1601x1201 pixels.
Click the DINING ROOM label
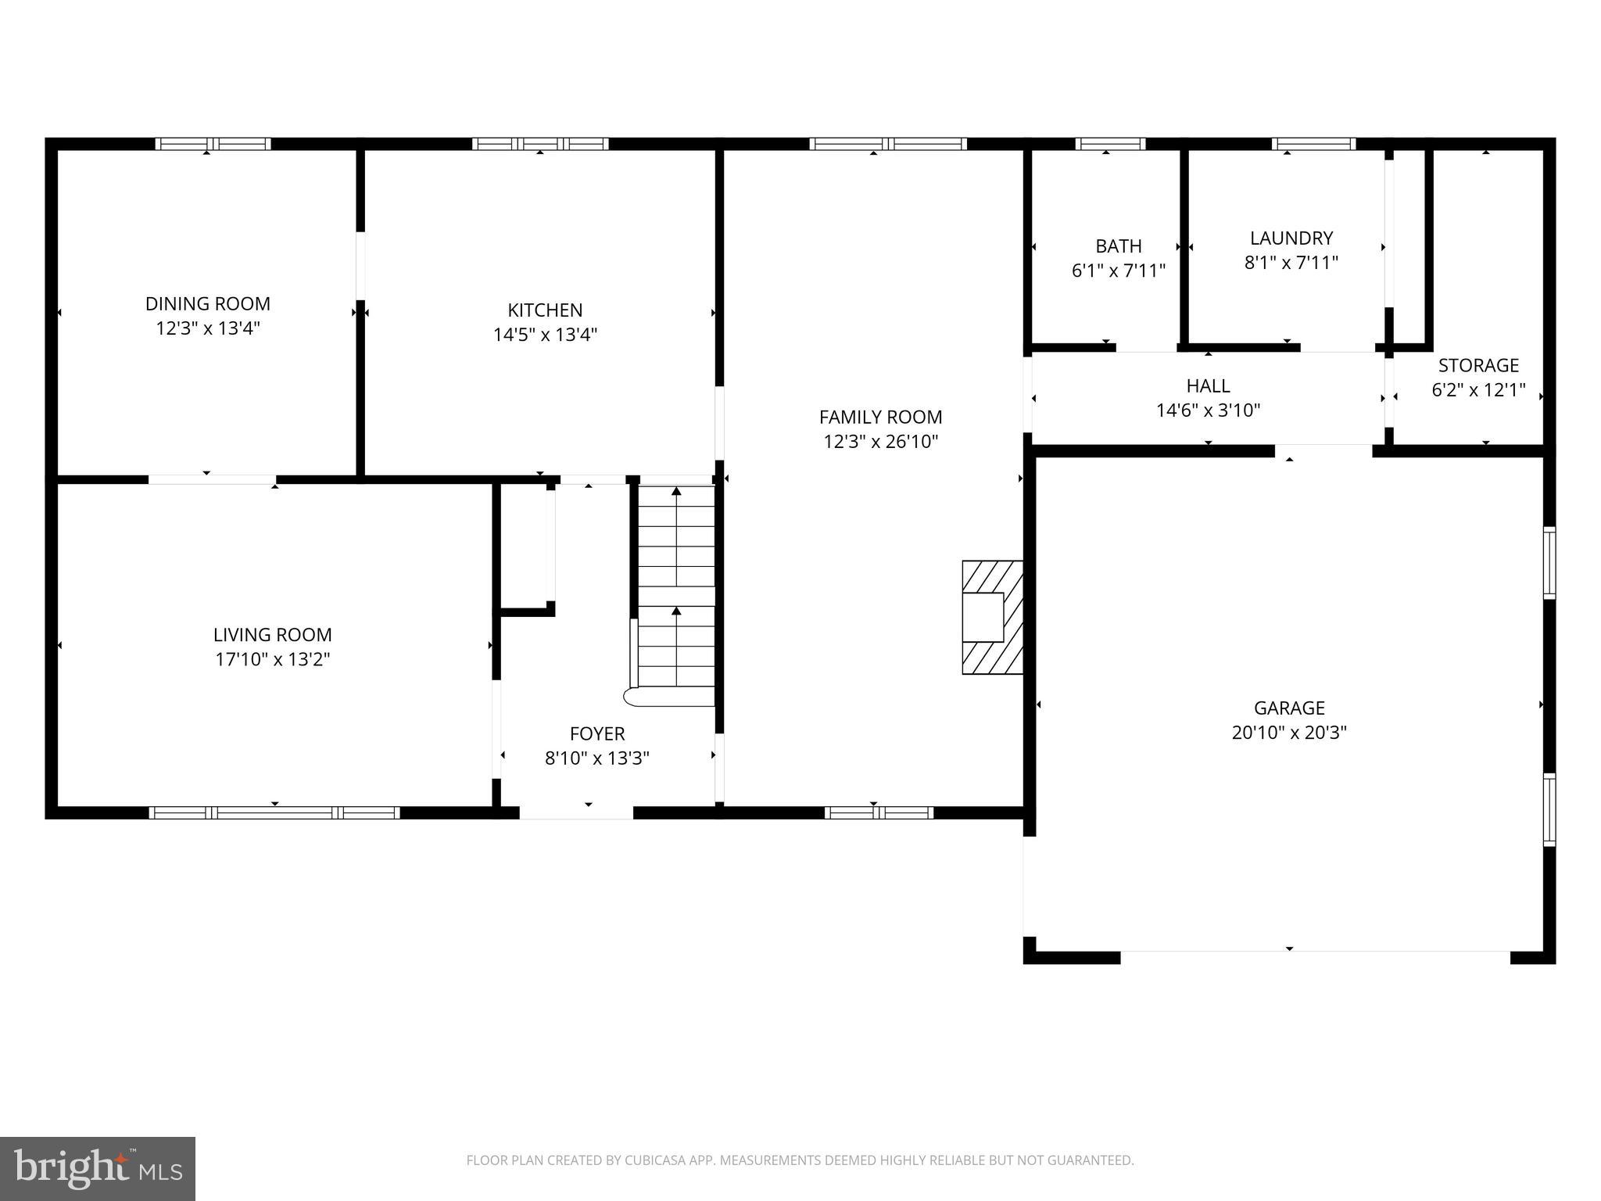(x=208, y=303)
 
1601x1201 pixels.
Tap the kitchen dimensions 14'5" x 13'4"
(x=545, y=335)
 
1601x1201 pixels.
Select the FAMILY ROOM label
(x=880, y=417)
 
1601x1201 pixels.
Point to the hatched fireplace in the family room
(x=992, y=617)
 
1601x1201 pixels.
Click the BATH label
(x=1118, y=246)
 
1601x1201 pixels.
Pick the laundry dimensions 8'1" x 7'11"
(x=1291, y=263)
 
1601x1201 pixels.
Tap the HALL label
(x=1208, y=385)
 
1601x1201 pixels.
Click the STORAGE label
(x=1478, y=365)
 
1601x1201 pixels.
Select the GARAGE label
(x=1289, y=708)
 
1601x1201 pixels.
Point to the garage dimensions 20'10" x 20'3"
(x=1289, y=733)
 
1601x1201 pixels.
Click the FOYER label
(x=597, y=733)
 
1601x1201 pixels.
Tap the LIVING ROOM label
(x=272, y=634)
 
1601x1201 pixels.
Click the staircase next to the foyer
(x=676, y=594)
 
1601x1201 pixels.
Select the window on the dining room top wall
(x=213, y=144)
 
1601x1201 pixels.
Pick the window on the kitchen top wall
(x=540, y=144)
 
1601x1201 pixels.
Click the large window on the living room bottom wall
(x=274, y=812)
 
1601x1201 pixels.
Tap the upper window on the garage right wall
(x=1549, y=563)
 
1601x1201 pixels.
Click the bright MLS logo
(x=98, y=1168)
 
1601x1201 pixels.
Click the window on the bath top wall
(x=1110, y=144)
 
